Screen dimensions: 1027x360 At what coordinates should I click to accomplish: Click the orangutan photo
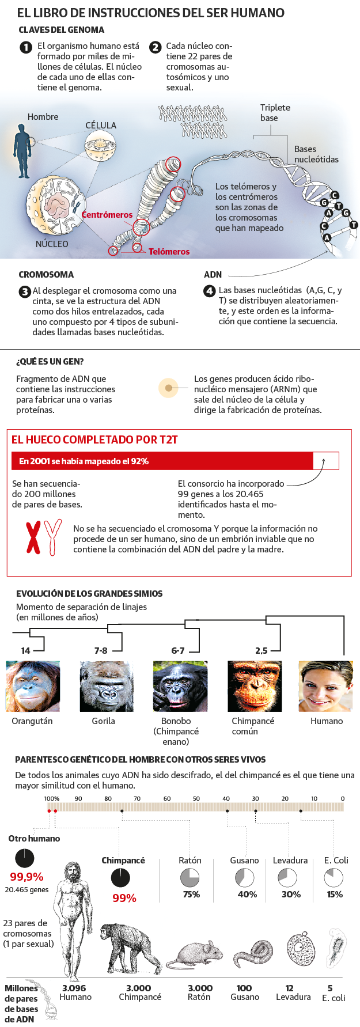[x=33, y=686]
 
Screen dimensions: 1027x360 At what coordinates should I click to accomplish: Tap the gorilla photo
[x=107, y=686]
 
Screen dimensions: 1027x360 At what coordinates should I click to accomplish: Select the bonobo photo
[x=180, y=686]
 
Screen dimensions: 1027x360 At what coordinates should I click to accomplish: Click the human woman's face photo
[x=325, y=686]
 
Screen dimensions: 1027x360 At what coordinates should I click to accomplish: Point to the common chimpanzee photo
[x=255, y=686]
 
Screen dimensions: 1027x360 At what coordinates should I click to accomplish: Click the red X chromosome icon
[x=34, y=537]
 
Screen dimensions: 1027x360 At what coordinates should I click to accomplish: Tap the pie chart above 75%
[x=190, y=878]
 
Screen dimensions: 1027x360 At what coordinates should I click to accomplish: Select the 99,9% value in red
[x=26, y=877]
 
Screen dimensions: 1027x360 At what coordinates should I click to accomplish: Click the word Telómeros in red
[x=169, y=252]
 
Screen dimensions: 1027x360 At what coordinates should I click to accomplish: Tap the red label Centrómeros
[x=107, y=215]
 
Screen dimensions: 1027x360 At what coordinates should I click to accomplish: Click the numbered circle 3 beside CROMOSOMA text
[x=25, y=291]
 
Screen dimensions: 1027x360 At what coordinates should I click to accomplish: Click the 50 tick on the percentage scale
[x=196, y=798]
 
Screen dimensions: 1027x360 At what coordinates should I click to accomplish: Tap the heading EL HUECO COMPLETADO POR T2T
[x=94, y=440]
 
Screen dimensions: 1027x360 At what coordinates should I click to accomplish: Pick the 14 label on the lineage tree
[x=25, y=650]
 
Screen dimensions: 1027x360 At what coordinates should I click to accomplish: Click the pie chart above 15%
[x=334, y=878]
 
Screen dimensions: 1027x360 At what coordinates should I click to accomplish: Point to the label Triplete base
[x=275, y=113]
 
